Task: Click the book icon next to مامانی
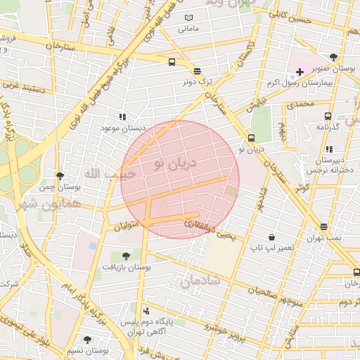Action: coord(188,18)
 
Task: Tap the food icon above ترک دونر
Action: coord(197,71)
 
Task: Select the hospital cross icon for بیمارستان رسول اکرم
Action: coord(300,72)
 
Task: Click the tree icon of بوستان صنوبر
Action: coord(333,58)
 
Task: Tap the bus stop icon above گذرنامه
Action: coord(328,116)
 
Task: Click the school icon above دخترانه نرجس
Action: coord(329,149)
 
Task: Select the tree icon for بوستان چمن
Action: coord(60,176)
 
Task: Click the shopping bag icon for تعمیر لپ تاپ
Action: coord(271,237)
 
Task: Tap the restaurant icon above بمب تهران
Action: coord(323,227)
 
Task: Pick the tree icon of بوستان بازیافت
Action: coord(126,256)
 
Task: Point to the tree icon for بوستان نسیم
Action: coord(87,340)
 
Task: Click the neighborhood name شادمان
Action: coord(200,281)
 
